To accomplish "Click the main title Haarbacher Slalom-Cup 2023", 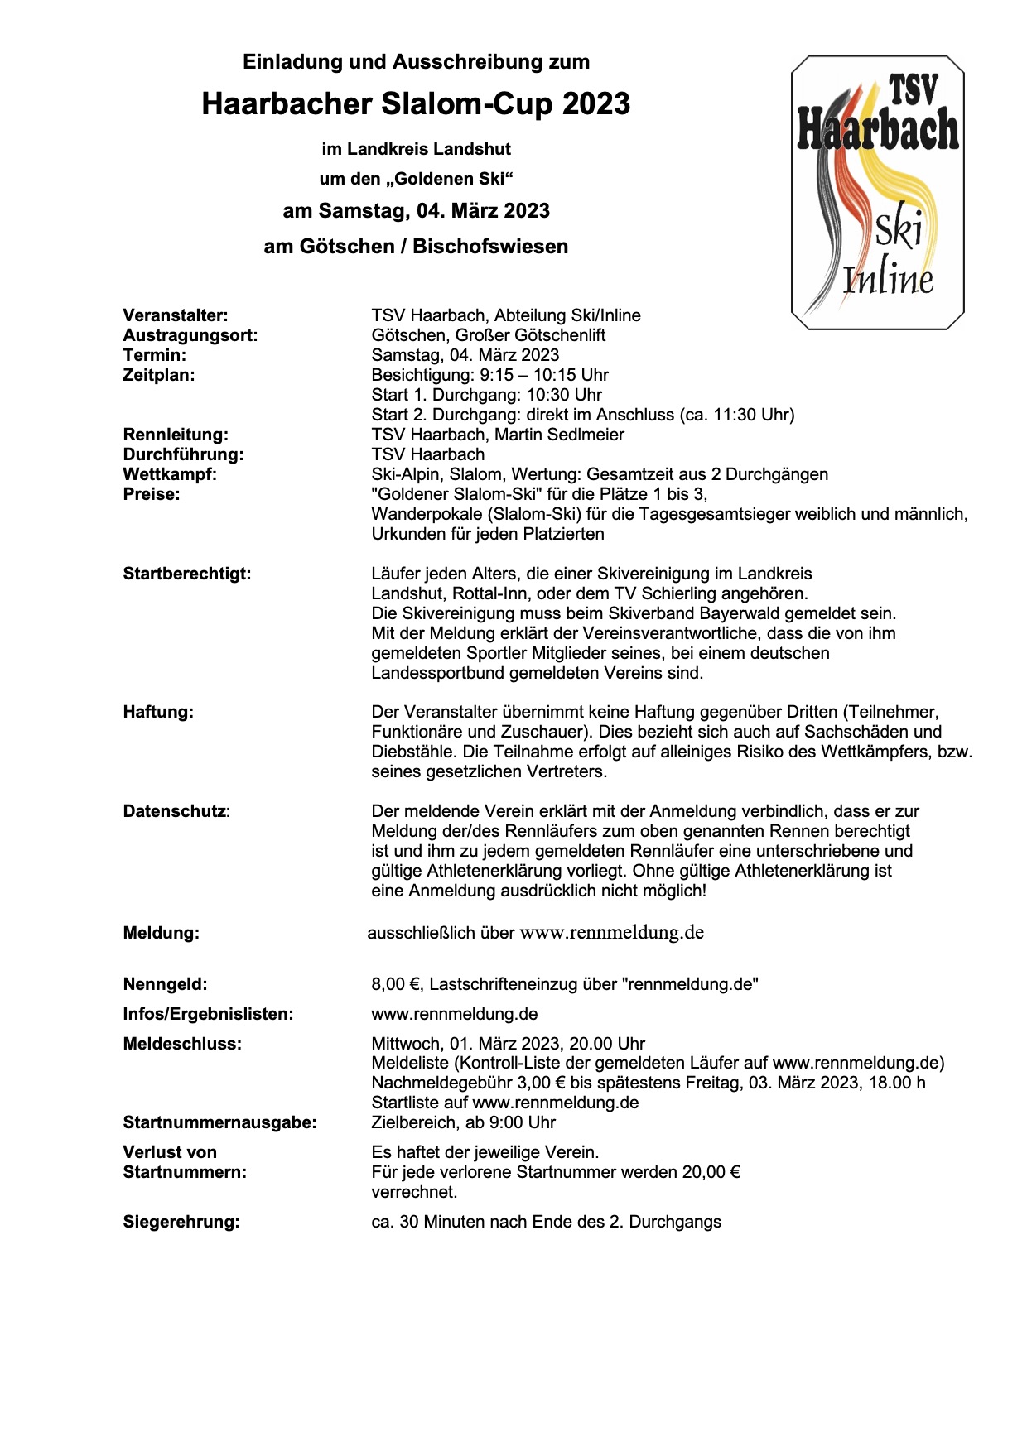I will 416,104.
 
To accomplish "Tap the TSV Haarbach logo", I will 877,192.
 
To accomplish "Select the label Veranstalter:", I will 176,315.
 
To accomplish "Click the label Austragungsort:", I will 190,335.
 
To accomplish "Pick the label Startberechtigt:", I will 187,574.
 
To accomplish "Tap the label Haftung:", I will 158,712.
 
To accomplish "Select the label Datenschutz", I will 175,811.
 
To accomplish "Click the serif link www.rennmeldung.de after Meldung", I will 612,933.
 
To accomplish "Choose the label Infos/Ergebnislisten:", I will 209,1014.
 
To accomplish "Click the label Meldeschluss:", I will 183,1044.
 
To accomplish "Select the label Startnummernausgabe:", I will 220,1122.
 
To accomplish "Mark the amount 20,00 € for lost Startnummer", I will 711,1172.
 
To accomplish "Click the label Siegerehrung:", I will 181,1222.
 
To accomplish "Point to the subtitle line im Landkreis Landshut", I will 416,149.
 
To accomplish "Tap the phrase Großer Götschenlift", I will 530,335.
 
